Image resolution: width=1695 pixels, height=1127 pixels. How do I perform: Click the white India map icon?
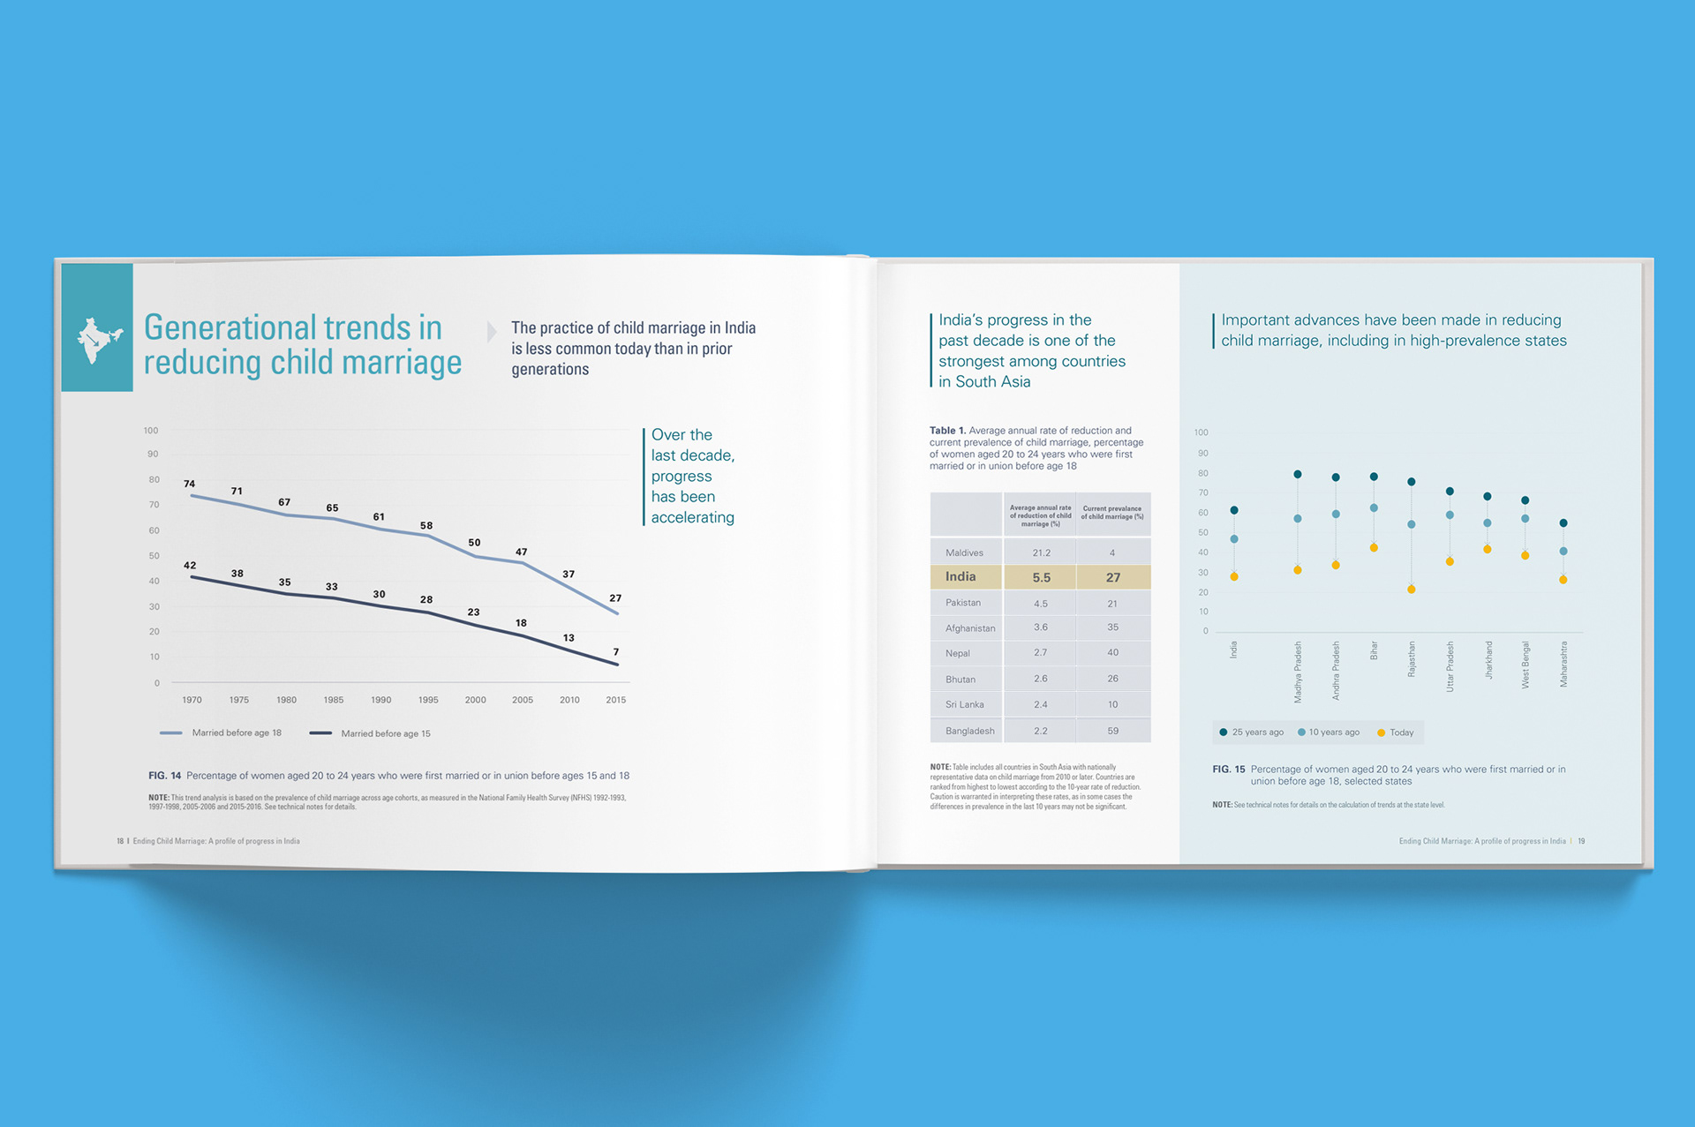[x=97, y=341]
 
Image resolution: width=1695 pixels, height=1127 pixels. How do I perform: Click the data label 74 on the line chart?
[x=189, y=484]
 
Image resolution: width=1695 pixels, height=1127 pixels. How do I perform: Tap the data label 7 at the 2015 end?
[x=616, y=652]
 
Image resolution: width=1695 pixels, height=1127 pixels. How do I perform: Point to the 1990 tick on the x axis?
[x=380, y=700]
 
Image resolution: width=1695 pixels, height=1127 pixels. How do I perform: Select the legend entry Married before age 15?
[x=385, y=733]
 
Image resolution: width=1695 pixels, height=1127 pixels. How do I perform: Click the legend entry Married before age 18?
[x=236, y=733]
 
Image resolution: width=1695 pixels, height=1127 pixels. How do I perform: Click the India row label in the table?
[x=960, y=576]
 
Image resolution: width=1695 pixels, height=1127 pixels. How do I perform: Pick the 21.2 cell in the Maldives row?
[x=1041, y=552]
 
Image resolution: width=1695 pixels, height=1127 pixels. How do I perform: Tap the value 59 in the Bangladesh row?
[x=1112, y=731]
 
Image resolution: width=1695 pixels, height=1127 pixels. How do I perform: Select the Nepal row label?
[x=958, y=653]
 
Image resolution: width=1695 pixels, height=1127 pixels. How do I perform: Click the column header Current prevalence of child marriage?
[x=1112, y=513]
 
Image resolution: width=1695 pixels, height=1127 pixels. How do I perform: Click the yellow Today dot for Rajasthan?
[x=1412, y=590]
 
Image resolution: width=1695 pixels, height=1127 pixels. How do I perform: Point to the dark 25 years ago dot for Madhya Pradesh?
[x=1298, y=475]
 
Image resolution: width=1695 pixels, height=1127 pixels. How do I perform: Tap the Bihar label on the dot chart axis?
[x=1374, y=650]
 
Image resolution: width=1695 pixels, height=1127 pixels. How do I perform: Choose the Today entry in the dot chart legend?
[x=1401, y=733]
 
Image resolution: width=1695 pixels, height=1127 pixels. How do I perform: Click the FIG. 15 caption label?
[x=1228, y=770]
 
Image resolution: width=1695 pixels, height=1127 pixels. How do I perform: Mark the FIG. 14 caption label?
[x=164, y=776]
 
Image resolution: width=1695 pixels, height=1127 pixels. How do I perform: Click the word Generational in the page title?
[x=228, y=327]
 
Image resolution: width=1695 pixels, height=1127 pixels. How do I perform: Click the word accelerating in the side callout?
[x=692, y=517]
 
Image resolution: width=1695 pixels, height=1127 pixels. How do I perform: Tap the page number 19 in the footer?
[x=1581, y=841]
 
